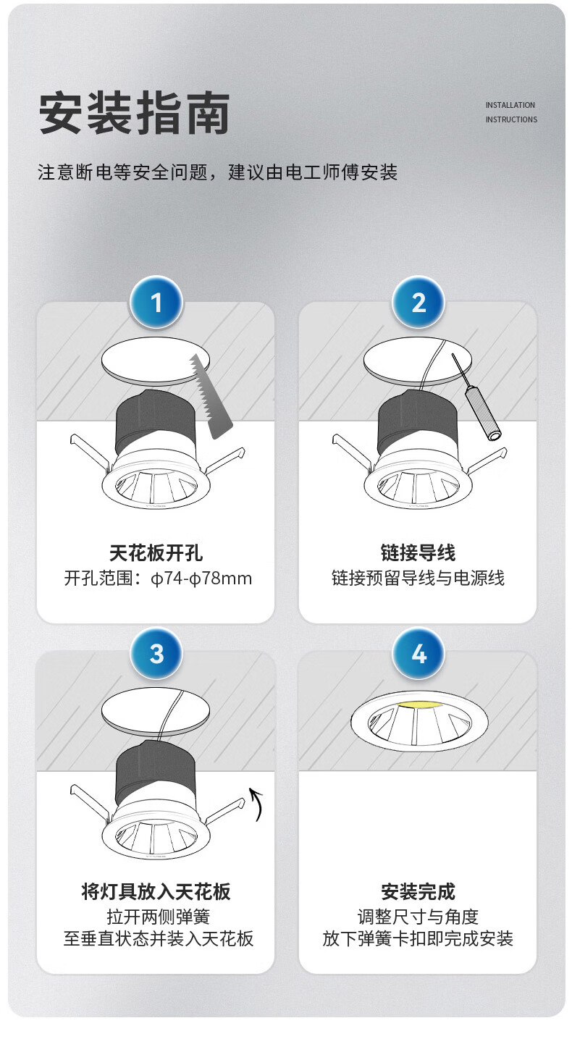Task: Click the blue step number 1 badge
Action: (156, 303)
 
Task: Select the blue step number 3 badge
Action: (156, 654)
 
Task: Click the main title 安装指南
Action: (135, 113)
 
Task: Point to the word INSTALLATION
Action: (510, 105)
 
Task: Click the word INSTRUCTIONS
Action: (511, 119)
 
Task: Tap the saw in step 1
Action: (211, 396)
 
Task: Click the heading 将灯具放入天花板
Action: (156, 891)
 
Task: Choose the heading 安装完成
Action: (418, 891)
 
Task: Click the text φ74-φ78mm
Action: (201, 579)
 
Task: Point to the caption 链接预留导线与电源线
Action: (418, 579)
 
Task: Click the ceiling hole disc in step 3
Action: (156, 711)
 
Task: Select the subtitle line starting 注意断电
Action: (217, 172)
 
